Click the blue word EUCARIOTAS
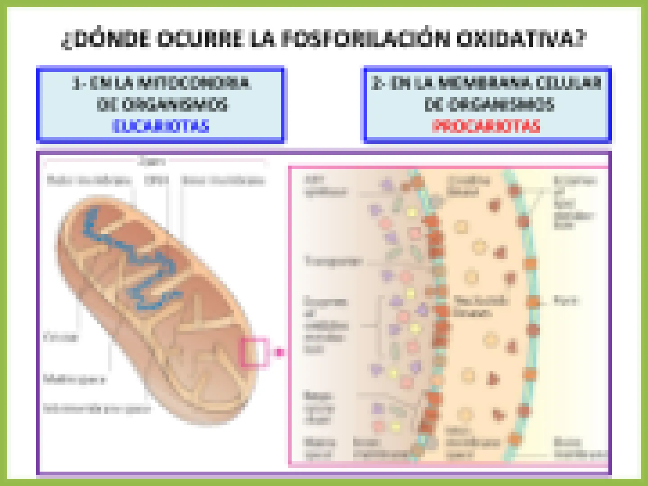[160, 126]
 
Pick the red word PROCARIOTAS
[486, 126]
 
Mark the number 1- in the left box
[78, 83]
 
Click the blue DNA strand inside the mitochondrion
[135, 261]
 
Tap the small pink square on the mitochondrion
[254, 352]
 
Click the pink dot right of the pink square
[279, 352]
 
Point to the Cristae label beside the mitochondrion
[61, 337]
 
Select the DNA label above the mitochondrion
[156, 180]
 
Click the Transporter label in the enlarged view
[333, 261]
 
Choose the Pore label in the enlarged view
[566, 301]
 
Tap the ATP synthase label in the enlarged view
[324, 185]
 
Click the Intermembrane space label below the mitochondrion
[97, 409]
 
